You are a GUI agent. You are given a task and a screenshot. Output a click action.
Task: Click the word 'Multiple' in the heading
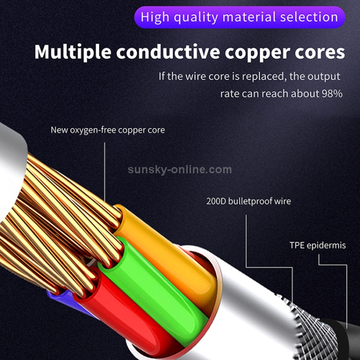[x=68, y=52]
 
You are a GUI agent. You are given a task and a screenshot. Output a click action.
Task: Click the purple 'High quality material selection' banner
[x=240, y=17]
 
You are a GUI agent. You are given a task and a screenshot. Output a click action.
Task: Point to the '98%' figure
[x=331, y=93]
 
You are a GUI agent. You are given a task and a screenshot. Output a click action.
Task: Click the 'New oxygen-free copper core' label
[x=108, y=130]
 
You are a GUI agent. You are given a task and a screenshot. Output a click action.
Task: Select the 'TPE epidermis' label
[x=317, y=245]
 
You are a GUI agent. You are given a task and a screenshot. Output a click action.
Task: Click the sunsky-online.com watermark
[x=180, y=169]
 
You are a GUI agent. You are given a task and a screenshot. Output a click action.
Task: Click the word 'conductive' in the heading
[x=159, y=52]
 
